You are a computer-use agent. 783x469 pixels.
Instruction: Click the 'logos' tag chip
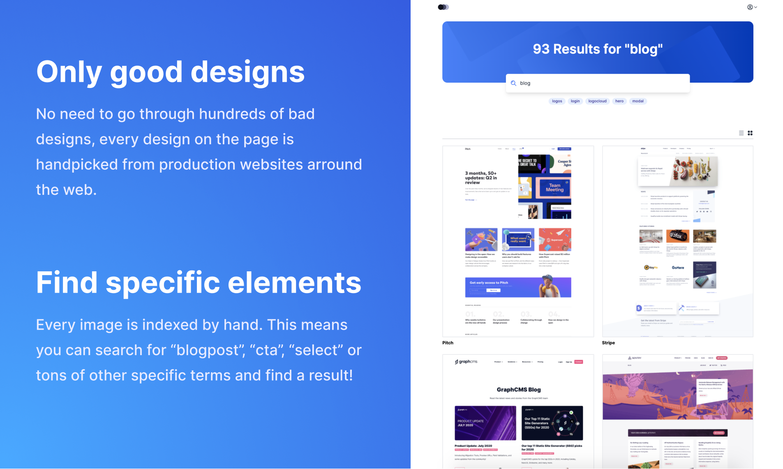[x=557, y=101]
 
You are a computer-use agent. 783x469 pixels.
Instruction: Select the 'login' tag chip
[x=575, y=101]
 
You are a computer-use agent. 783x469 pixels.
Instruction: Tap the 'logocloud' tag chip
[x=597, y=101]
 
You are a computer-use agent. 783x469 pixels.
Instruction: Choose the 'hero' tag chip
[x=619, y=101]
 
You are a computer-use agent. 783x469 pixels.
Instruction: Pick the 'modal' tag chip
[x=638, y=101]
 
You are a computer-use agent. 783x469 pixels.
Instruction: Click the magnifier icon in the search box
[x=513, y=83]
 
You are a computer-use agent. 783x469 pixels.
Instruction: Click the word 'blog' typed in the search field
[x=525, y=83]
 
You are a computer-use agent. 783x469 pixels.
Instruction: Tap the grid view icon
[x=750, y=133]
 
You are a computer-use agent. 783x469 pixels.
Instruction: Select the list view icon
[x=741, y=133]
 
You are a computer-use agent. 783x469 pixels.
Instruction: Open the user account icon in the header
[x=751, y=7]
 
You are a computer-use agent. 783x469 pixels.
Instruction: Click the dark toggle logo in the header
[x=443, y=7]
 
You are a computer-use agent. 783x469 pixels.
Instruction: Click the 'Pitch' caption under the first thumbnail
[x=448, y=343]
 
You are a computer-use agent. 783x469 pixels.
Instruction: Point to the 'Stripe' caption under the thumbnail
[x=608, y=343]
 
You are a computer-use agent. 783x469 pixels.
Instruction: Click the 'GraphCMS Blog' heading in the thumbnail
[x=519, y=390]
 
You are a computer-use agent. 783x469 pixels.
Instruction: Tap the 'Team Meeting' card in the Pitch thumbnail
[x=554, y=188]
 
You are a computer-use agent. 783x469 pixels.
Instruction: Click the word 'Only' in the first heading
[x=69, y=72]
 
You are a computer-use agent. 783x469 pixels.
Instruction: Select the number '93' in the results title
[x=541, y=49]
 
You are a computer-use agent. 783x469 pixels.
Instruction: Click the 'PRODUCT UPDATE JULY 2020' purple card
[x=485, y=423]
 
